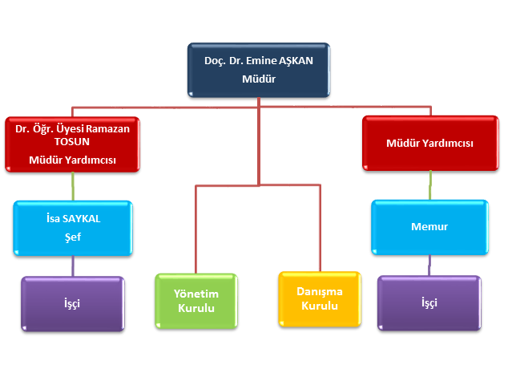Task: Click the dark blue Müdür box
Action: tap(257, 71)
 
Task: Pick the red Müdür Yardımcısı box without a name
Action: tap(429, 143)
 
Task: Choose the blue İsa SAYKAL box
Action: tap(72, 228)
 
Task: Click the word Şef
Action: tap(72, 237)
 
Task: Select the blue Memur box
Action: tap(429, 227)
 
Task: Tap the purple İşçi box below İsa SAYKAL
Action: tap(72, 303)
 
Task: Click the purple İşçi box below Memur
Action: tap(429, 303)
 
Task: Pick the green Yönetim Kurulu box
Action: tap(196, 301)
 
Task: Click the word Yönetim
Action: tap(196, 293)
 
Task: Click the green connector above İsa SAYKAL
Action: tap(73, 186)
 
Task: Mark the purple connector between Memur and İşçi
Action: tap(430, 265)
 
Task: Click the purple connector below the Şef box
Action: tap(73, 266)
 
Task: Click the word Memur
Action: tap(429, 227)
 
